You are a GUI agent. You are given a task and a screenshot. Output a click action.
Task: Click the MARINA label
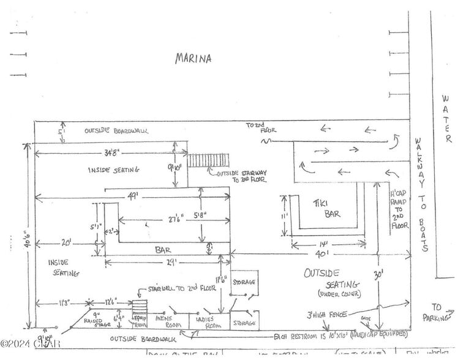pos(193,59)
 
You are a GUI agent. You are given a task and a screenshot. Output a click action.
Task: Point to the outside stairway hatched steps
pos(208,160)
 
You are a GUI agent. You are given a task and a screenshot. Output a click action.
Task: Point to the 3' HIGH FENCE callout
pos(327,315)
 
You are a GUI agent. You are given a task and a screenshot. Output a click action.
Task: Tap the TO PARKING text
pos(439,312)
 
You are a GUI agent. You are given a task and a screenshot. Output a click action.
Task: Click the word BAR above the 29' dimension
pos(162,250)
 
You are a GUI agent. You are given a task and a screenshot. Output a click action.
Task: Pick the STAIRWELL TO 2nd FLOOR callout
pos(175,288)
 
